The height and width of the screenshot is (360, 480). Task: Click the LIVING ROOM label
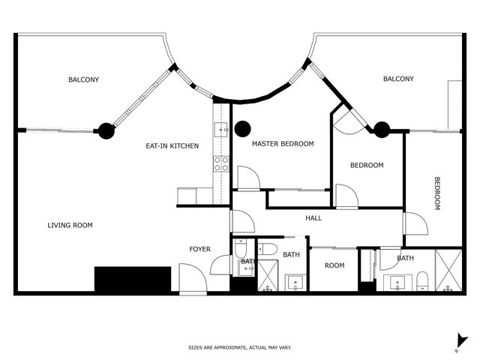tap(70, 225)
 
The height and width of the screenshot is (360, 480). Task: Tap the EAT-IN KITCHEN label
tap(172, 146)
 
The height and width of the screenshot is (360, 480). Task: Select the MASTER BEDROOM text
tap(283, 143)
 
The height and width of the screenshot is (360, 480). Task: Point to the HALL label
tap(313, 218)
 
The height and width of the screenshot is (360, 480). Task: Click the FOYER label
tap(200, 249)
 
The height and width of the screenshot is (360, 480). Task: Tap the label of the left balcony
tap(83, 79)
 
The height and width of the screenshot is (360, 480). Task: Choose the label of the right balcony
tap(398, 79)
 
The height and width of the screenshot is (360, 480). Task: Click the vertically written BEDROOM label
tap(437, 193)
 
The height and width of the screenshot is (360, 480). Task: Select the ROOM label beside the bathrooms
tap(334, 265)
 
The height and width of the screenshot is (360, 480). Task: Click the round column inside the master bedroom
tap(243, 129)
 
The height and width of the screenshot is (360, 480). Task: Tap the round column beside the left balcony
tap(106, 130)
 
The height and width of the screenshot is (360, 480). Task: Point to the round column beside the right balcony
tap(382, 130)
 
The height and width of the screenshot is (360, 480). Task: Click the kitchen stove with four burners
tap(221, 164)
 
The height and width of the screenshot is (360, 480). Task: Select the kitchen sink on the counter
tap(221, 130)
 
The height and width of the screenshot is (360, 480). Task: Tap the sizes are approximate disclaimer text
tap(240, 347)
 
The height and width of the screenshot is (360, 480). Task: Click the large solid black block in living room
tap(133, 279)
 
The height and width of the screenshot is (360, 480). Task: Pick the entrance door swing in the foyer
tap(193, 278)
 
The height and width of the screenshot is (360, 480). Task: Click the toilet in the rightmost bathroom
tap(422, 280)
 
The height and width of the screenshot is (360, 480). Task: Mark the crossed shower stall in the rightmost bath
tap(448, 270)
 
